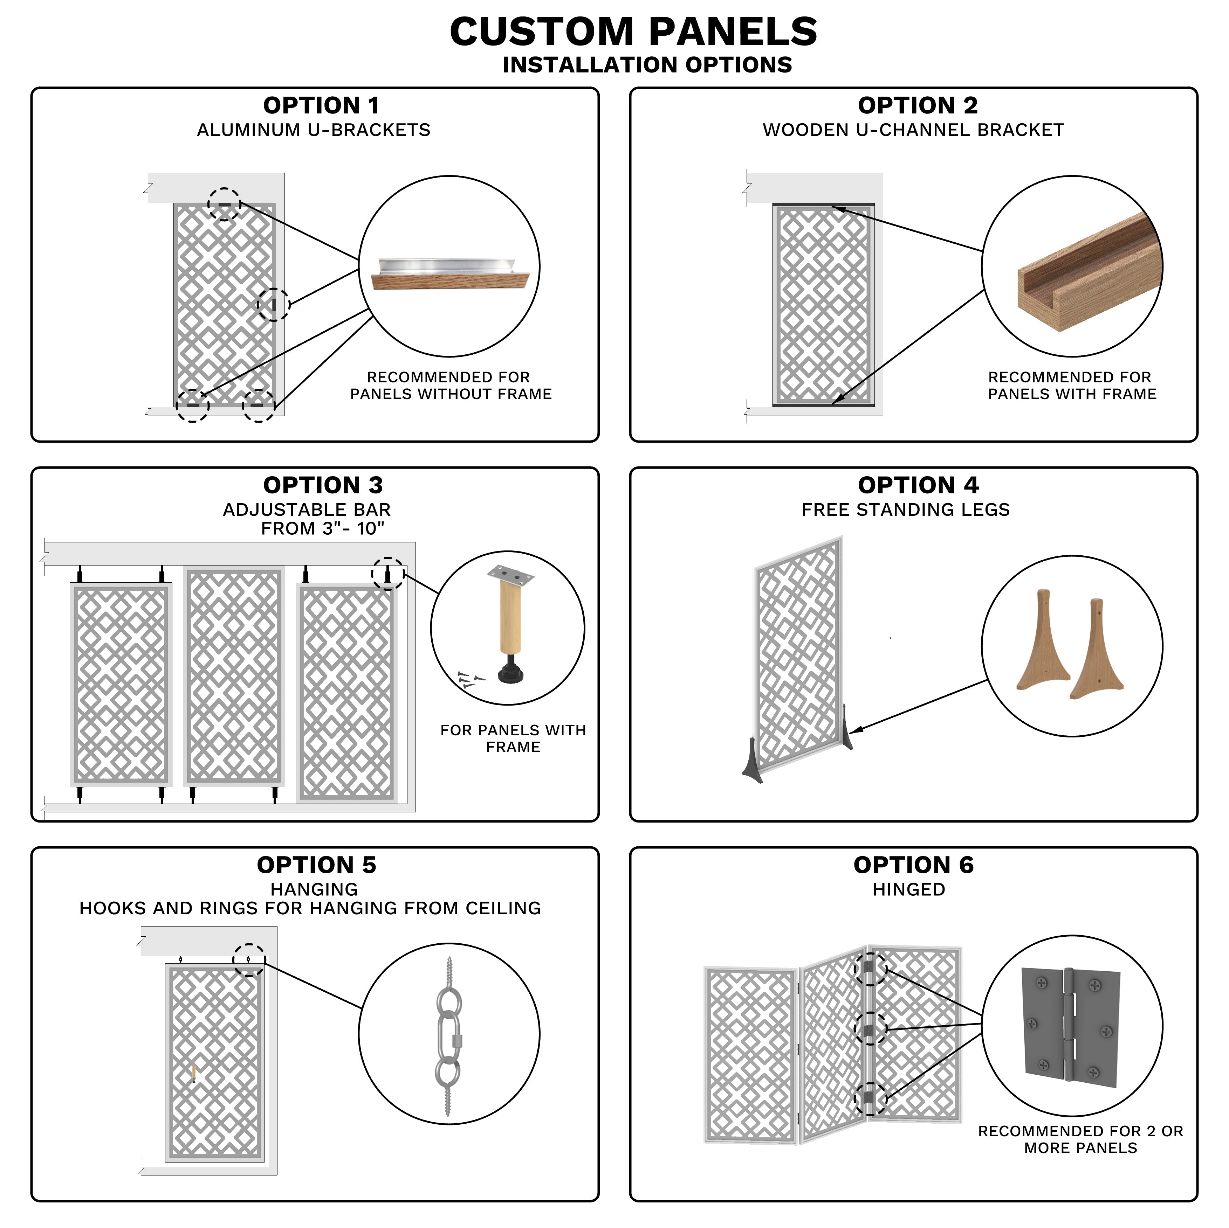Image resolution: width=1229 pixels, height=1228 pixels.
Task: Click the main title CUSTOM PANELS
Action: point(633,32)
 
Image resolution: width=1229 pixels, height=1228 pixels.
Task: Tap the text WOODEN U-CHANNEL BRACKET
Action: point(913,130)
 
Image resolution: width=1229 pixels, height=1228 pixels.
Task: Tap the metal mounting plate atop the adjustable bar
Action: point(510,576)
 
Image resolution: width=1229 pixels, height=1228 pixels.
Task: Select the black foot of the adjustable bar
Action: point(510,672)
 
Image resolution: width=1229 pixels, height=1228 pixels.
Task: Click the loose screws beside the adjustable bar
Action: point(469,680)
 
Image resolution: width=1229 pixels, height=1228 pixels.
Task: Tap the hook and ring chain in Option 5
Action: point(448,1036)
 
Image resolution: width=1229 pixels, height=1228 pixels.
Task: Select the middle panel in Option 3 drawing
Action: point(233,676)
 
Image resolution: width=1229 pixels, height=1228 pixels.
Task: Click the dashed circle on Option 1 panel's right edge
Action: point(274,305)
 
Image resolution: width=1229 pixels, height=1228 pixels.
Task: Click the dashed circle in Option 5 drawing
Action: point(249,960)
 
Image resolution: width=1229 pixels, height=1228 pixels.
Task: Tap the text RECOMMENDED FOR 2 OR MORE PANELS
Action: point(1080,1139)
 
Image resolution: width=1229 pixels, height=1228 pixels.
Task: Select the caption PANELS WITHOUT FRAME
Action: point(451,394)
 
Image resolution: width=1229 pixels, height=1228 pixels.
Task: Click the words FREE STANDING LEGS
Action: point(905,510)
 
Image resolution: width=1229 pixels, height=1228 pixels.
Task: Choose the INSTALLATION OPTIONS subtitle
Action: point(647,65)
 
